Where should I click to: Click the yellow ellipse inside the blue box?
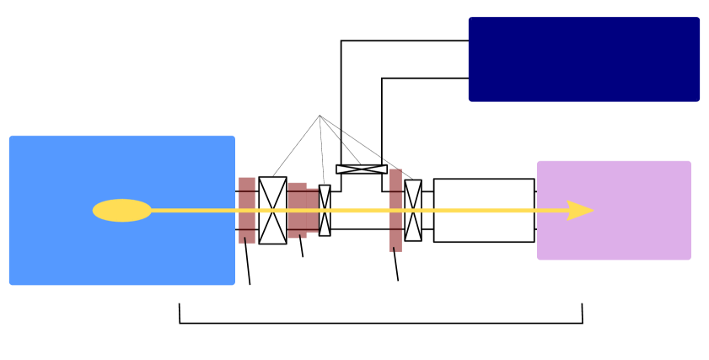coord(122,211)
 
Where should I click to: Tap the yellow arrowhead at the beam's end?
coord(580,211)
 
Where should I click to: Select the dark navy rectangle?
coord(584,59)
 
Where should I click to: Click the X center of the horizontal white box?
coord(362,169)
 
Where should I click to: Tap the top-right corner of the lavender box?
coord(690,162)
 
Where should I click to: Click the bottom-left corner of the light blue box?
coord(10,284)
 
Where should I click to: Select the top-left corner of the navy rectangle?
coord(470,18)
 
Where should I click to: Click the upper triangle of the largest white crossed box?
coord(272,187)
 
